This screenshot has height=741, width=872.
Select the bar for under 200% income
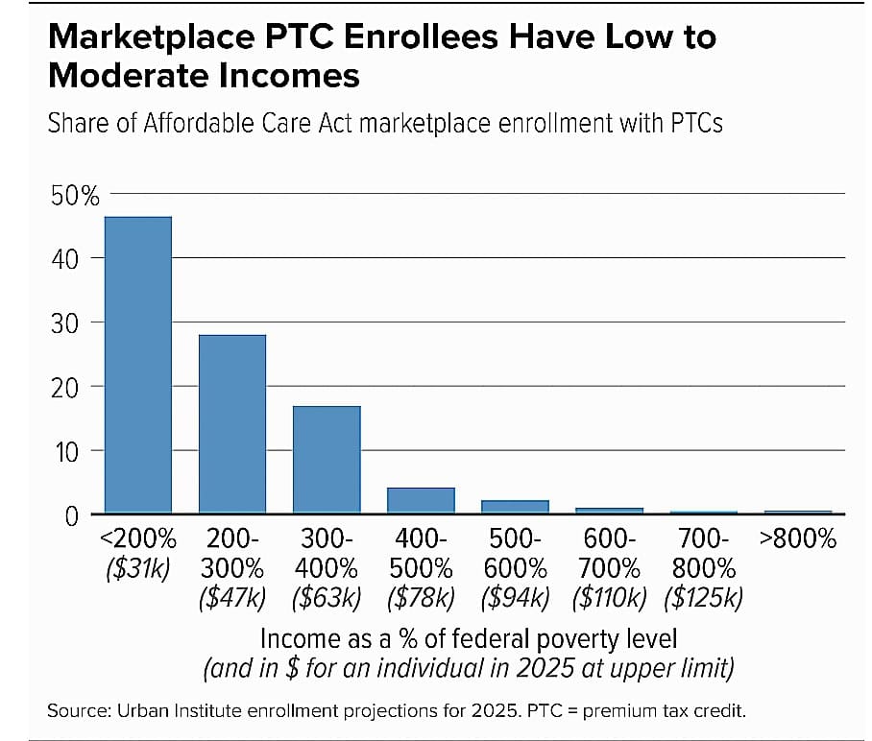[138, 365]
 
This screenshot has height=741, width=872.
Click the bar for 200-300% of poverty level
[232, 423]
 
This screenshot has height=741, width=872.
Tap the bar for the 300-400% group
[327, 460]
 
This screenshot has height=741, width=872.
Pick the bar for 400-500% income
[421, 500]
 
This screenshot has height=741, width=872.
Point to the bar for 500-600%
[515, 507]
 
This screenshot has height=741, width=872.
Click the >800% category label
[797, 539]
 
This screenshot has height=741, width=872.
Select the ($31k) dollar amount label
[138, 568]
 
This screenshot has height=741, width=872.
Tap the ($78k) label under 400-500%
[421, 598]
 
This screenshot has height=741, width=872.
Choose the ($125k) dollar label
[704, 598]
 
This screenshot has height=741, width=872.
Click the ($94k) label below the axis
[515, 598]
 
